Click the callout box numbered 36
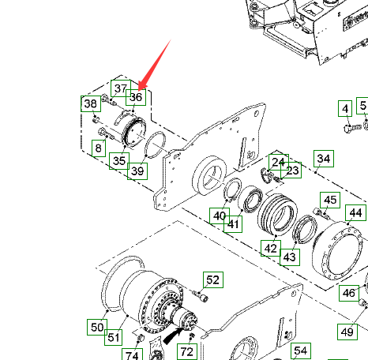point(136,97)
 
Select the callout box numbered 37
point(121,88)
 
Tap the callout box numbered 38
point(91,103)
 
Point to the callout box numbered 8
point(99,148)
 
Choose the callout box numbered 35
point(119,161)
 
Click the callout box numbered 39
point(137,171)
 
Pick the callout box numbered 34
point(324,159)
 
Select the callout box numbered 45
point(330,200)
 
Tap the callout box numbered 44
point(355,212)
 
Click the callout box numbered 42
point(271,248)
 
